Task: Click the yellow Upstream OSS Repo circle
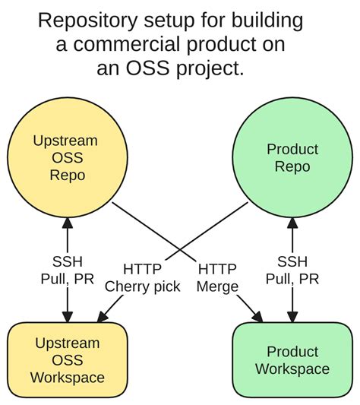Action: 66,158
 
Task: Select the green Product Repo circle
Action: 292,158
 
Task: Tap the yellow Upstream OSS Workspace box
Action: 66,360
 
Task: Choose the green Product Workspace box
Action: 292,360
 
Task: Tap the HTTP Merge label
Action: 216,277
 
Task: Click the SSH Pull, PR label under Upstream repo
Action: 66,270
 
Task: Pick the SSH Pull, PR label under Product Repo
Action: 292,270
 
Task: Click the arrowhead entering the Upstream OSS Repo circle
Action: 66,221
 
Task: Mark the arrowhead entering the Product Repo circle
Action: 292,221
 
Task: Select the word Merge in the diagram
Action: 216,286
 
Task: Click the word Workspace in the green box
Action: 292,369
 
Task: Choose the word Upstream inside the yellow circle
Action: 66,141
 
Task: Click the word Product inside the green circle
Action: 292,149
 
